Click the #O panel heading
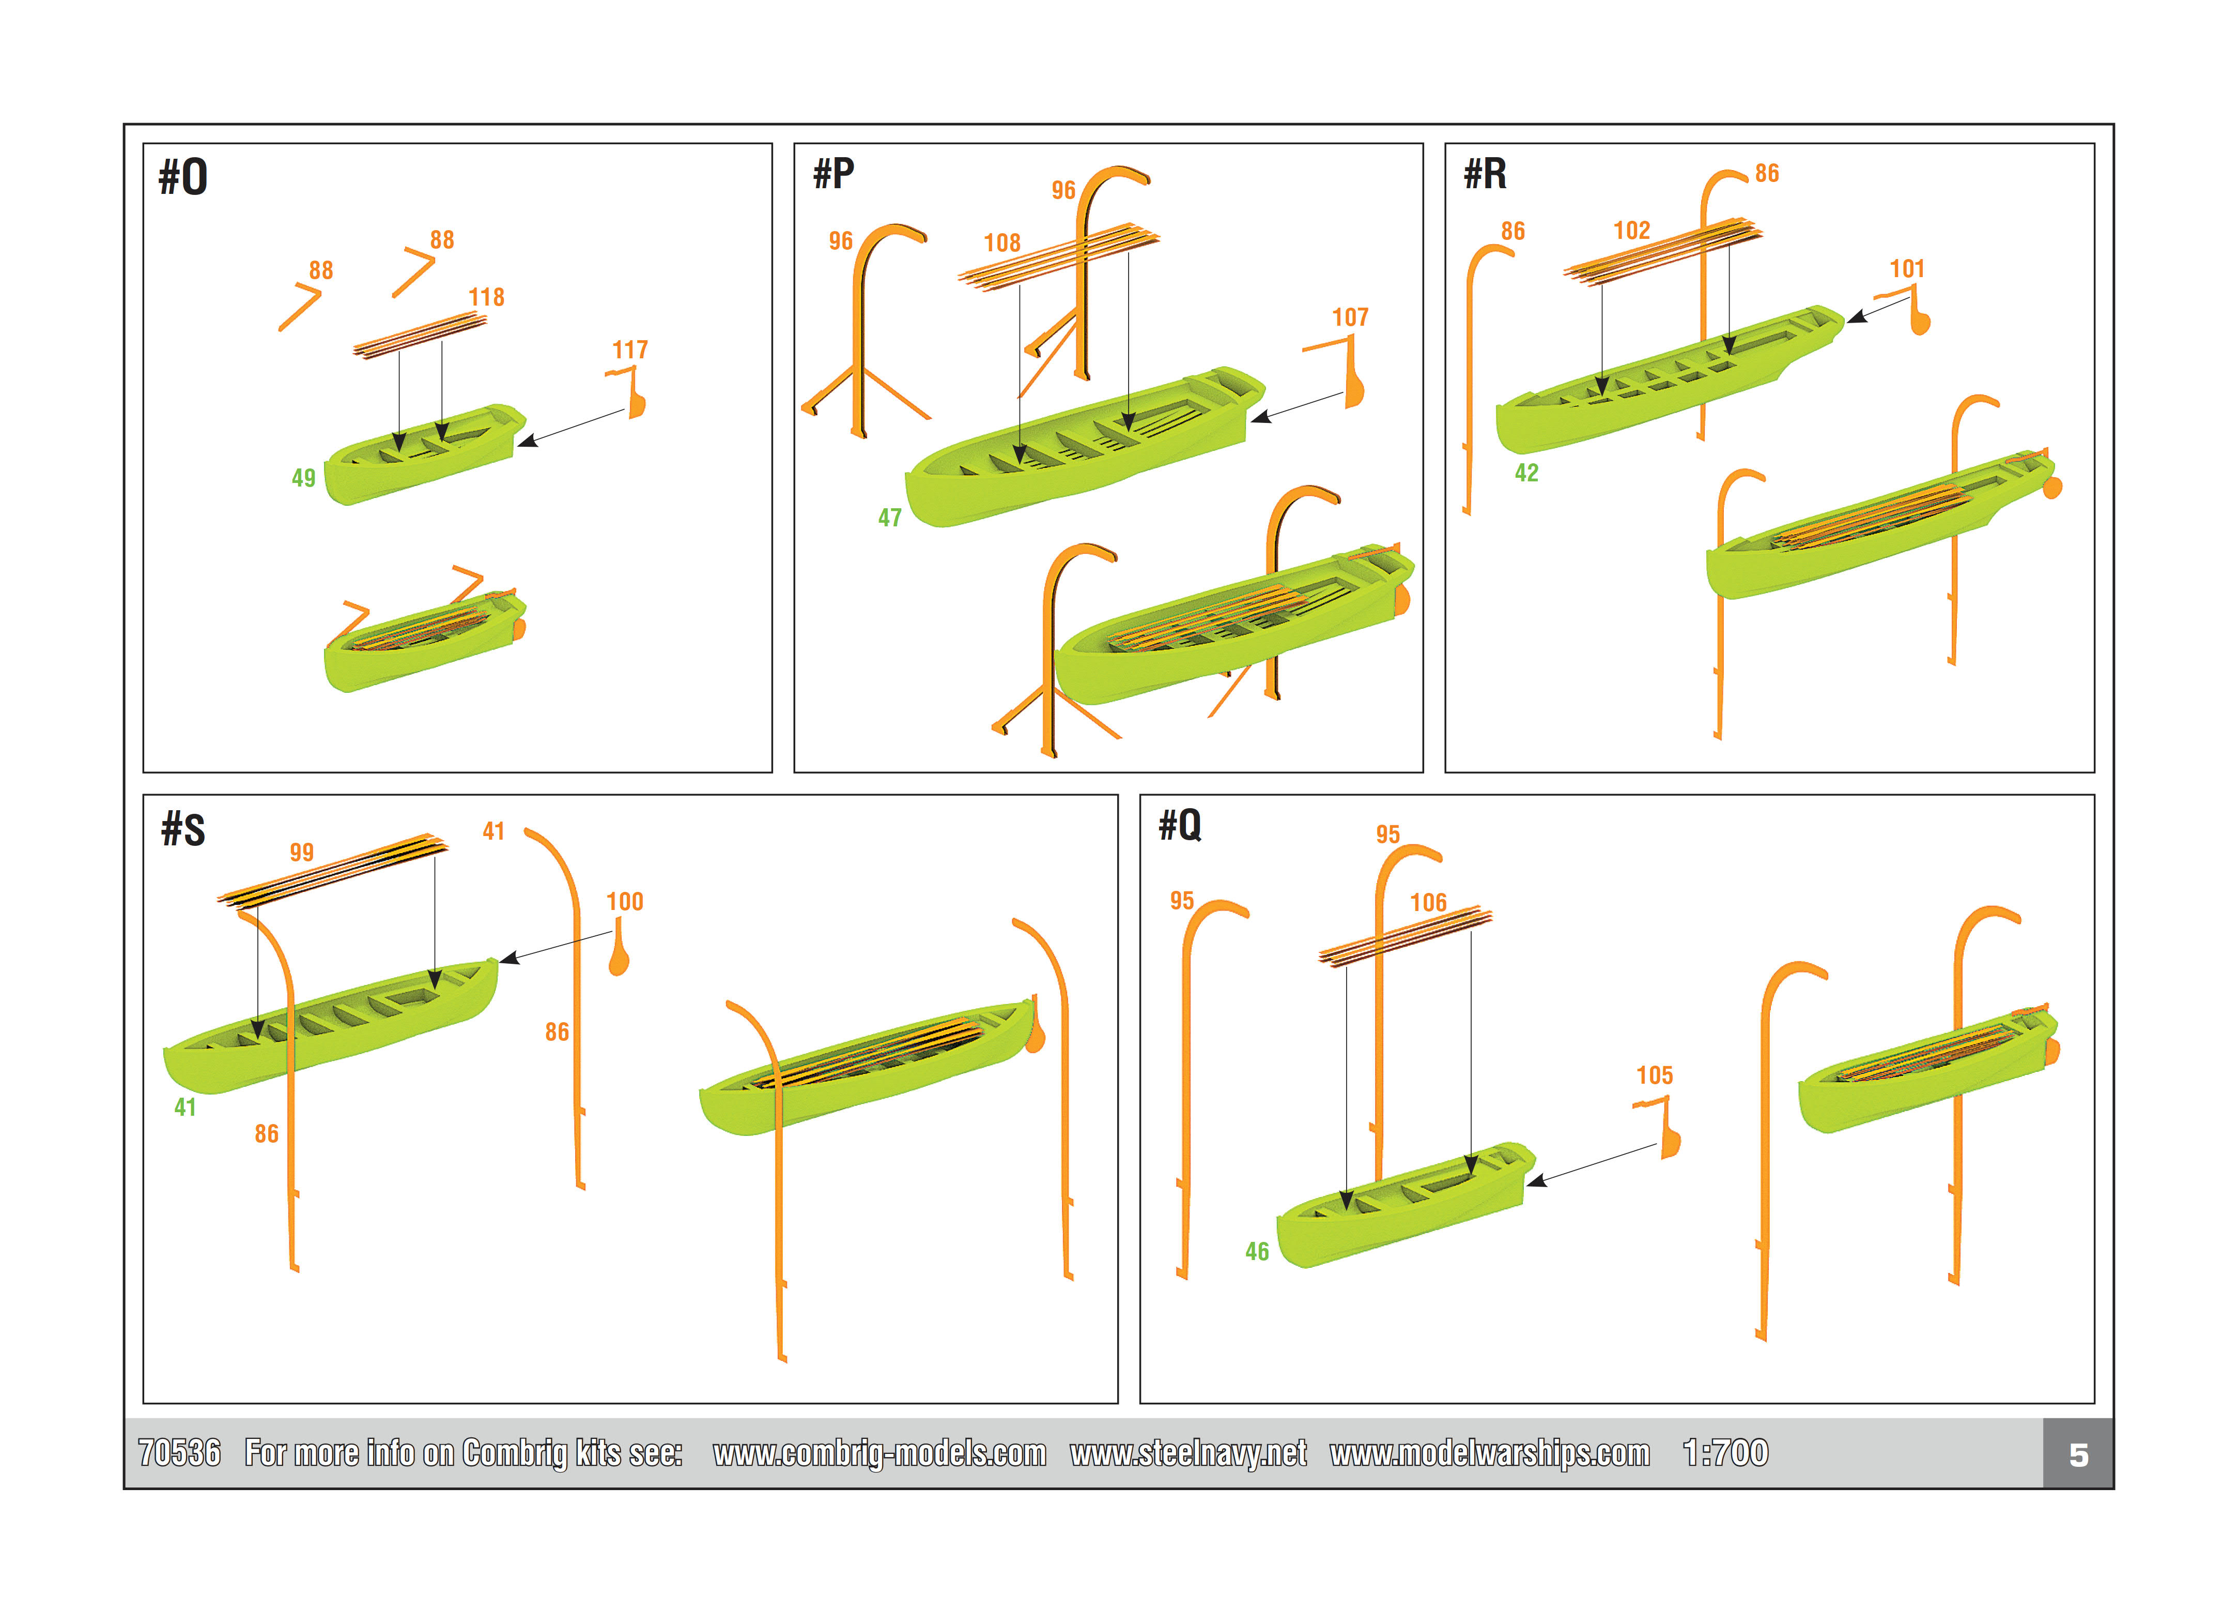[x=183, y=178]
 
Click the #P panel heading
[x=834, y=174]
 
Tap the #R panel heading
[x=1485, y=174]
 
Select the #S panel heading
[x=183, y=829]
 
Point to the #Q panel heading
[x=1180, y=824]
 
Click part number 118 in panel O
[x=486, y=297]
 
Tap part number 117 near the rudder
[x=629, y=350]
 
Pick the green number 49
[x=303, y=478]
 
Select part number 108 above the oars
[x=1001, y=243]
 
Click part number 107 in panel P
[x=1350, y=317]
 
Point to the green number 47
[x=890, y=517]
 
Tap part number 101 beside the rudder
[x=1906, y=268]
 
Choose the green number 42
[x=1526, y=473]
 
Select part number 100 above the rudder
[x=625, y=901]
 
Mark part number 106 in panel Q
[x=1428, y=902]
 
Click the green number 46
[x=1256, y=1252]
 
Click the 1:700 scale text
[x=1725, y=1453]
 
